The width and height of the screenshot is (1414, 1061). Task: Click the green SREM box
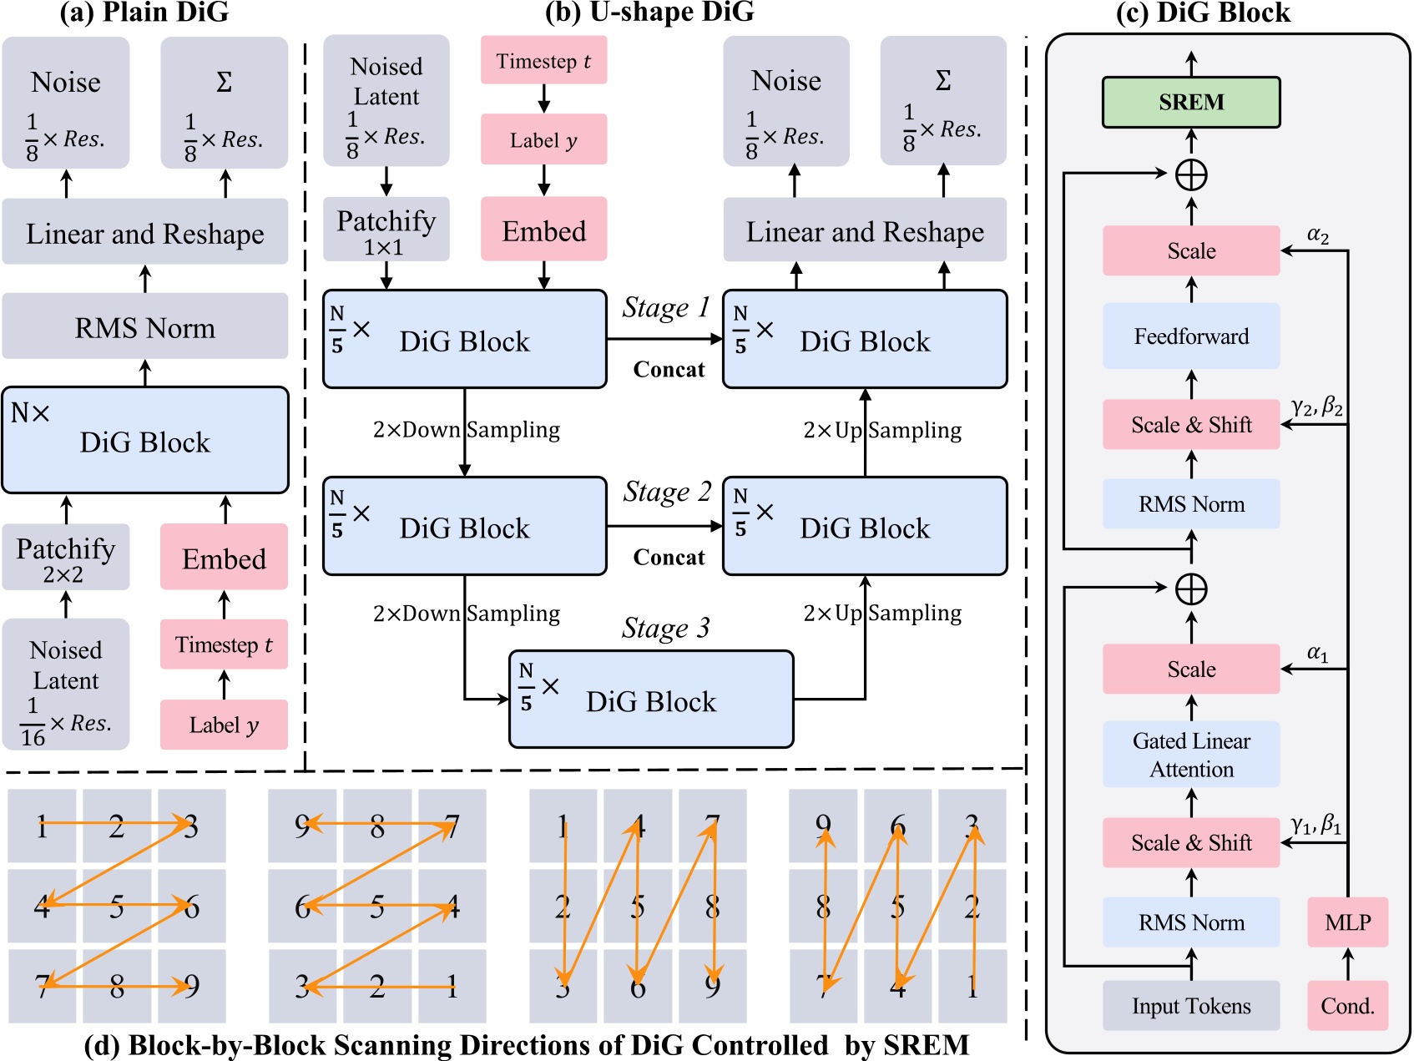[x=1190, y=102]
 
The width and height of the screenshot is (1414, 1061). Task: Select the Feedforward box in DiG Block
[x=1190, y=336]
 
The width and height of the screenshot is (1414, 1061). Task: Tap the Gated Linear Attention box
[x=1190, y=755]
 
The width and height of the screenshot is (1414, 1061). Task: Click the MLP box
[x=1347, y=922]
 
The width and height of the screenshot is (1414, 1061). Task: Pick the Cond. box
[x=1347, y=1006]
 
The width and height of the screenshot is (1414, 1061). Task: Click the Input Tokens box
[x=1190, y=1006]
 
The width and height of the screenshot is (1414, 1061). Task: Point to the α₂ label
[x=1317, y=235]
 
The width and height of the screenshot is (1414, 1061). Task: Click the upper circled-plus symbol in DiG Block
[x=1191, y=175]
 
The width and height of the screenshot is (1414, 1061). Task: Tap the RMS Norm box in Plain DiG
[x=145, y=328]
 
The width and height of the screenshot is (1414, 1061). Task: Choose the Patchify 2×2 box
[x=66, y=558]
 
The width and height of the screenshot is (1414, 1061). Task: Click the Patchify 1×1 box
[x=386, y=230]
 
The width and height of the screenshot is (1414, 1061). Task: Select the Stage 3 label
[x=665, y=629]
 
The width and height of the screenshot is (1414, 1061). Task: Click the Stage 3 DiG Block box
[x=651, y=700]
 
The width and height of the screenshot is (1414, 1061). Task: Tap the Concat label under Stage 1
[x=669, y=370]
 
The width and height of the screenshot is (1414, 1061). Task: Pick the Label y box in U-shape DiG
[x=543, y=139]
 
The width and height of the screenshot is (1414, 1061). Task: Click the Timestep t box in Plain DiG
[x=224, y=644]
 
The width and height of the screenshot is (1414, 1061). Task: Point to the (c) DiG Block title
[x=1202, y=13]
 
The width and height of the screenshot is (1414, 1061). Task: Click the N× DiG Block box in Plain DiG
[x=145, y=440]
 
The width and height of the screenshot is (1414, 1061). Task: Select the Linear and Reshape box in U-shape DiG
[x=865, y=231]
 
